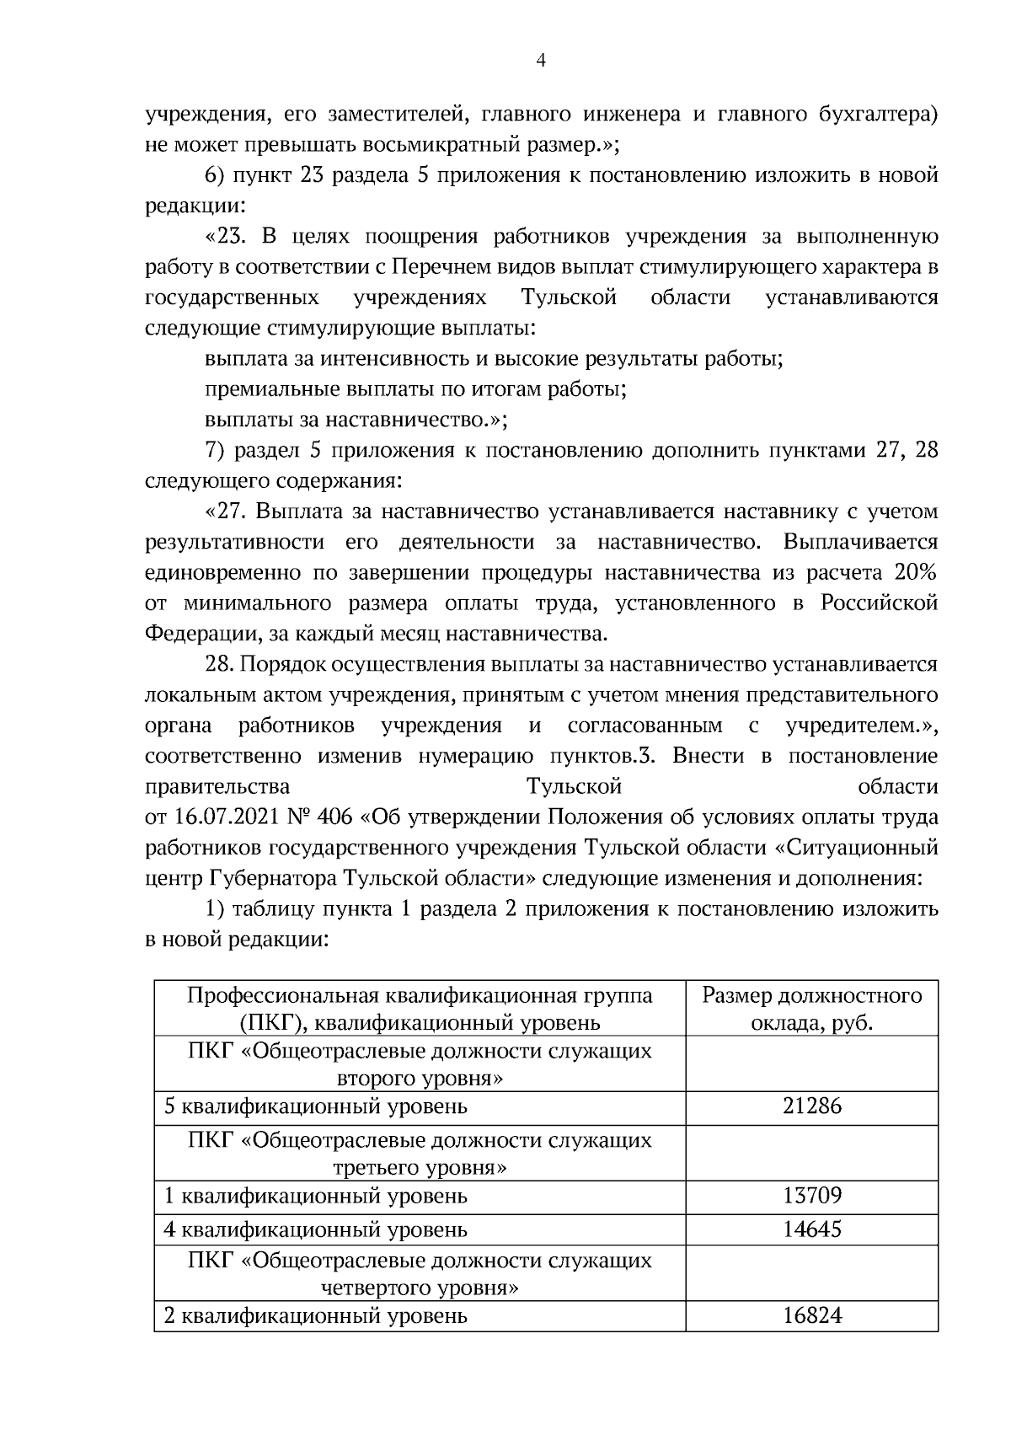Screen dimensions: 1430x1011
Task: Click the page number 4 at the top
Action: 540,60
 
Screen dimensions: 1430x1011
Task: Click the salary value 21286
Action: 811,1106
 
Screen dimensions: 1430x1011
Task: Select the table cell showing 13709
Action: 811,1196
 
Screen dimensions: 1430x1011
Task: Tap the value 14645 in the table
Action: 811,1229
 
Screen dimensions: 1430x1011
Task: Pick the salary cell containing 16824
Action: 811,1315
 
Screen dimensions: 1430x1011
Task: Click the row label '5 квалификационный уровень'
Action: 315,1106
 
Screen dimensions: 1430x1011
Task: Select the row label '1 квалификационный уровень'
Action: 315,1196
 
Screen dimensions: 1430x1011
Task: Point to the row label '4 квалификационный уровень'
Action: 315,1229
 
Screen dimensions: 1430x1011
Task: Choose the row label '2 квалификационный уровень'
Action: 315,1315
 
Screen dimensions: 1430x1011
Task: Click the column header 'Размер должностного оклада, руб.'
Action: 811,1009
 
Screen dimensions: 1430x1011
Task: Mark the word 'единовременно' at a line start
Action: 223,573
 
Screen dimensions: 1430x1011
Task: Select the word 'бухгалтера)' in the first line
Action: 880,114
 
